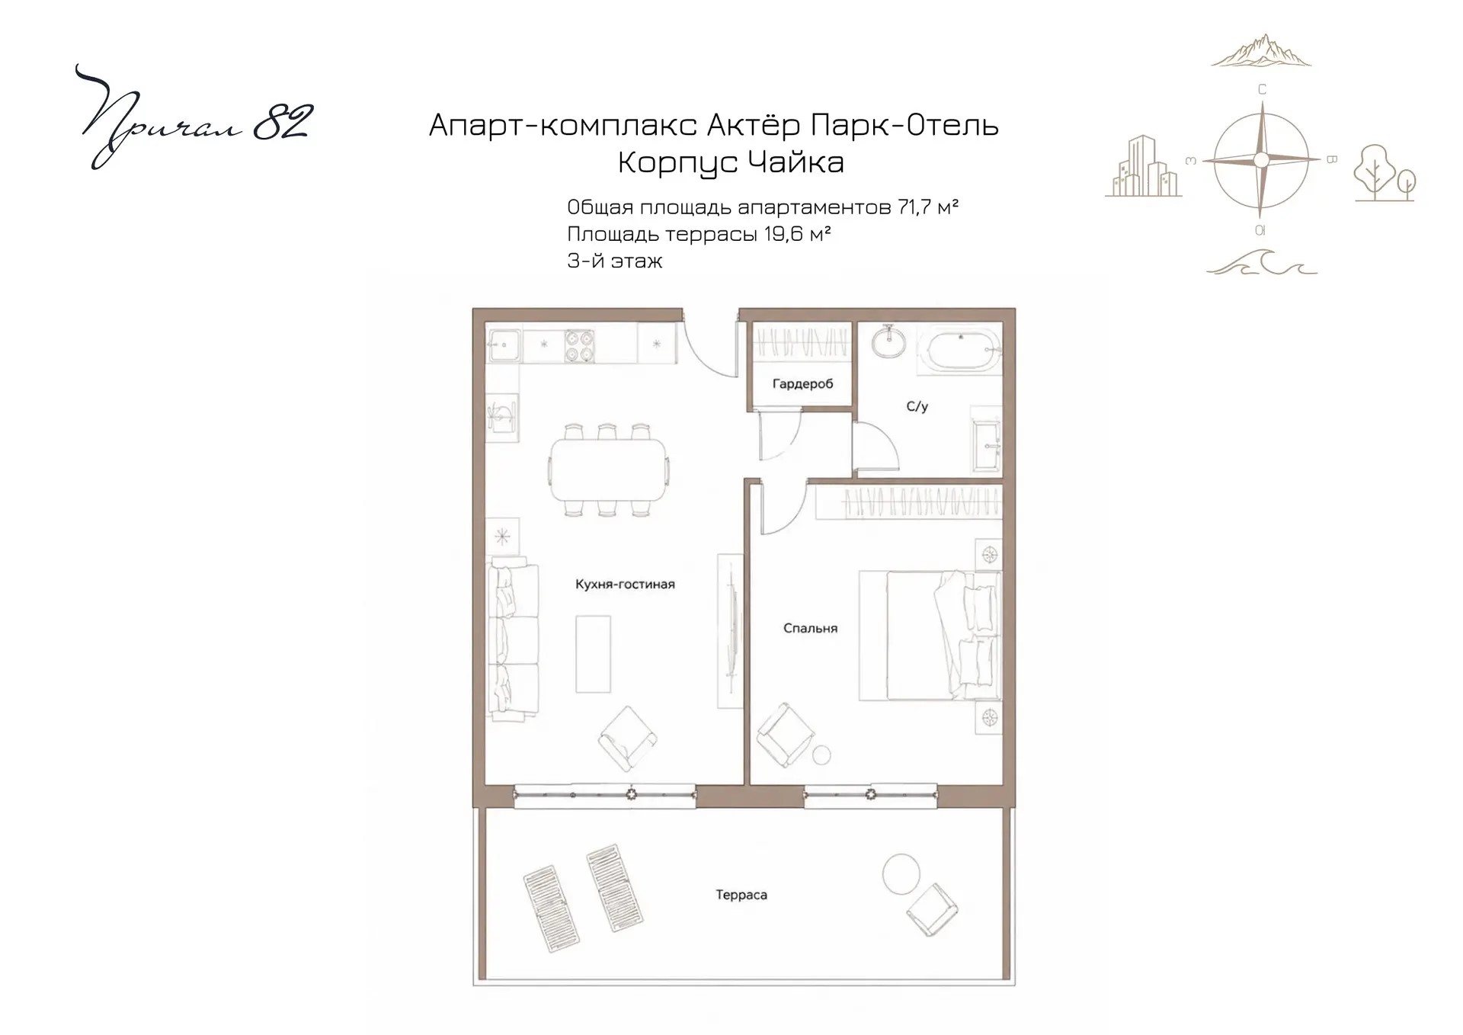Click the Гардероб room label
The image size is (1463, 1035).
(x=802, y=384)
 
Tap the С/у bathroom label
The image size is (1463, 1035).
(x=917, y=407)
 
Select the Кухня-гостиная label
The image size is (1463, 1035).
(x=625, y=585)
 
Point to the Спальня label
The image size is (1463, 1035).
(x=810, y=629)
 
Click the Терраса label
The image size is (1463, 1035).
(x=741, y=895)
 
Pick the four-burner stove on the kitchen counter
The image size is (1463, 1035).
(x=579, y=345)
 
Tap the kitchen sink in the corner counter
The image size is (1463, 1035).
(x=503, y=345)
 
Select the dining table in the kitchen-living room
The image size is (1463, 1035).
(x=608, y=469)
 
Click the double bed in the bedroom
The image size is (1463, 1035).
(x=930, y=636)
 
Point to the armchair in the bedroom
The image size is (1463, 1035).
(x=785, y=734)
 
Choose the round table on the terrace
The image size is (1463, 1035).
(x=901, y=873)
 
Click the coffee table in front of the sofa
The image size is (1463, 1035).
(x=593, y=654)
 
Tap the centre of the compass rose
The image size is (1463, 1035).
(x=1261, y=160)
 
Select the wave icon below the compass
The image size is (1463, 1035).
(x=1261, y=261)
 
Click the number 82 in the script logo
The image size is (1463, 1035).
(x=282, y=122)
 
